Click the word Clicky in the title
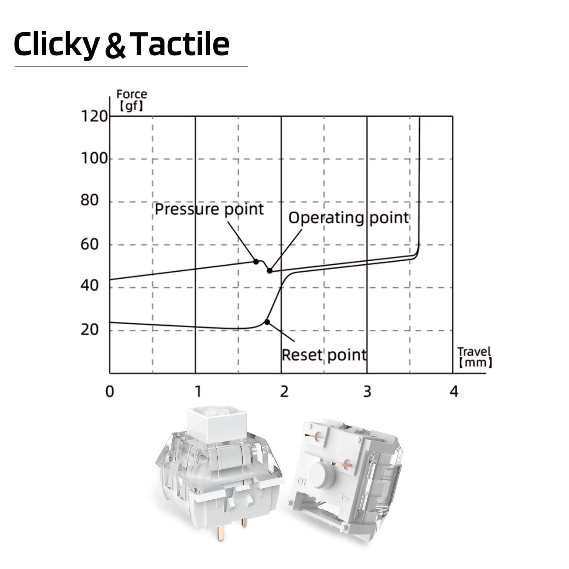coord(56,44)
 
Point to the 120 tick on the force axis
coord(94,116)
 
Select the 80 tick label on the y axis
coord(89,201)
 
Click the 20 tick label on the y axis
coord(89,330)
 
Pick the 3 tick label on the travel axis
coord(367,392)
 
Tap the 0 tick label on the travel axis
coord(110,392)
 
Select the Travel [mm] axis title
coord(474,357)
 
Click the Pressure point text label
coord(209,209)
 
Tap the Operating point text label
coord(349,218)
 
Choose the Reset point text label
coord(324,355)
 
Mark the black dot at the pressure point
coord(256,261)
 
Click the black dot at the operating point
coord(270,271)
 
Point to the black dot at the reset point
coord(267,322)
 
